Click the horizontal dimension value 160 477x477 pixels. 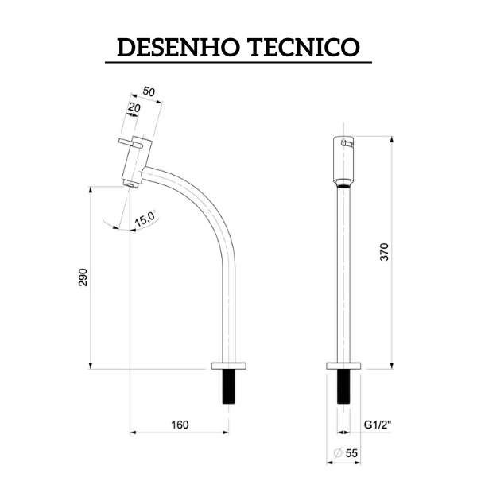point(180,425)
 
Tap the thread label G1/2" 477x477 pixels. point(378,425)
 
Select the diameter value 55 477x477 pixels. point(351,452)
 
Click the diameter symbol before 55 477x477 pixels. point(338,452)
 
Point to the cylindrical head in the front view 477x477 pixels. point(343,159)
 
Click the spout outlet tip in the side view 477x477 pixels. point(130,185)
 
